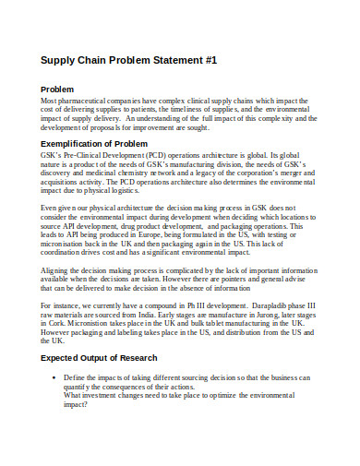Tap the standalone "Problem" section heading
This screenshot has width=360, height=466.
pyautogui.click(x=57, y=89)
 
